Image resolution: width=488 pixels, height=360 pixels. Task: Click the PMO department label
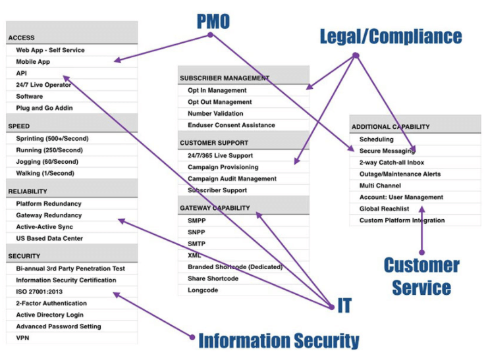click(213, 21)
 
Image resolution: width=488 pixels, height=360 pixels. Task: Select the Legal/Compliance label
click(391, 36)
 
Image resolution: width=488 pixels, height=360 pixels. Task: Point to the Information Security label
click(279, 340)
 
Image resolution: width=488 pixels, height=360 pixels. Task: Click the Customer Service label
click(421, 276)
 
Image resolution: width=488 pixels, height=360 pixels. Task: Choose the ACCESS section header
click(22, 38)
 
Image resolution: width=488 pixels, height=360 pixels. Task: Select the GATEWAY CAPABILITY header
click(215, 208)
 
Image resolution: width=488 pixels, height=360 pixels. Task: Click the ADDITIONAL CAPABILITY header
click(391, 126)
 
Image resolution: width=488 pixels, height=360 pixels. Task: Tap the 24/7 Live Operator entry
click(43, 85)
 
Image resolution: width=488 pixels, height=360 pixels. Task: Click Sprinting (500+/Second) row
click(52, 138)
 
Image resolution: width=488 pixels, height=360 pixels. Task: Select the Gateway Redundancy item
click(49, 215)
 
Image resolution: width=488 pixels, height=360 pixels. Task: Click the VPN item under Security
click(23, 338)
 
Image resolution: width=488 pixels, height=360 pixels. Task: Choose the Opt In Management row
click(217, 90)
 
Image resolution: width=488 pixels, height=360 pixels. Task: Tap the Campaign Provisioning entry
click(223, 167)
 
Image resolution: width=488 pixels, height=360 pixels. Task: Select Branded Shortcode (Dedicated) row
click(234, 267)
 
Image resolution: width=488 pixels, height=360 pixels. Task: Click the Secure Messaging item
click(387, 151)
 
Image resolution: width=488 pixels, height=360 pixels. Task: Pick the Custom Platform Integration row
click(402, 220)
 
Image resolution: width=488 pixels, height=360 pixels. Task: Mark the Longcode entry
click(203, 290)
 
